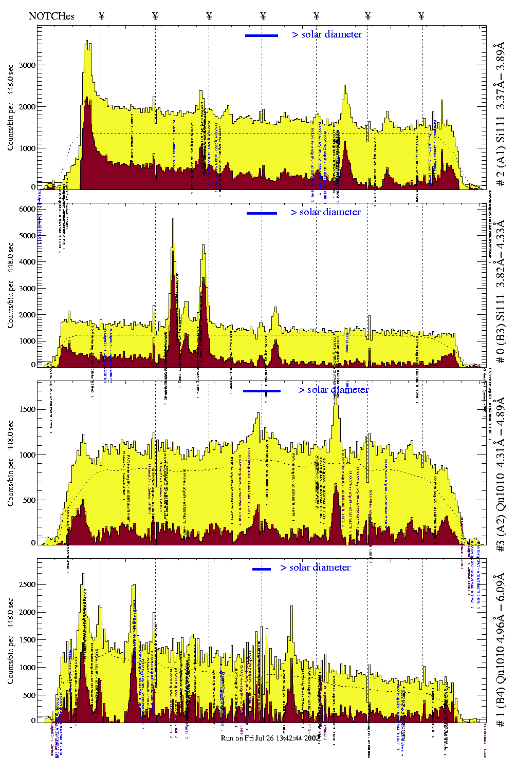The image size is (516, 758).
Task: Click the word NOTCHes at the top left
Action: point(51,16)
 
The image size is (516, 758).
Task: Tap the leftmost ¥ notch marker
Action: point(101,16)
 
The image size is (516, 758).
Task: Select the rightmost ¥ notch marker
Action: point(421,16)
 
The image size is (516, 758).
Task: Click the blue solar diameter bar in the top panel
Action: point(262,35)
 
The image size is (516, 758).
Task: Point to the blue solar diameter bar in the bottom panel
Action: point(262,569)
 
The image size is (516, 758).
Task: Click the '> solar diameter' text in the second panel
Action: point(325,212)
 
